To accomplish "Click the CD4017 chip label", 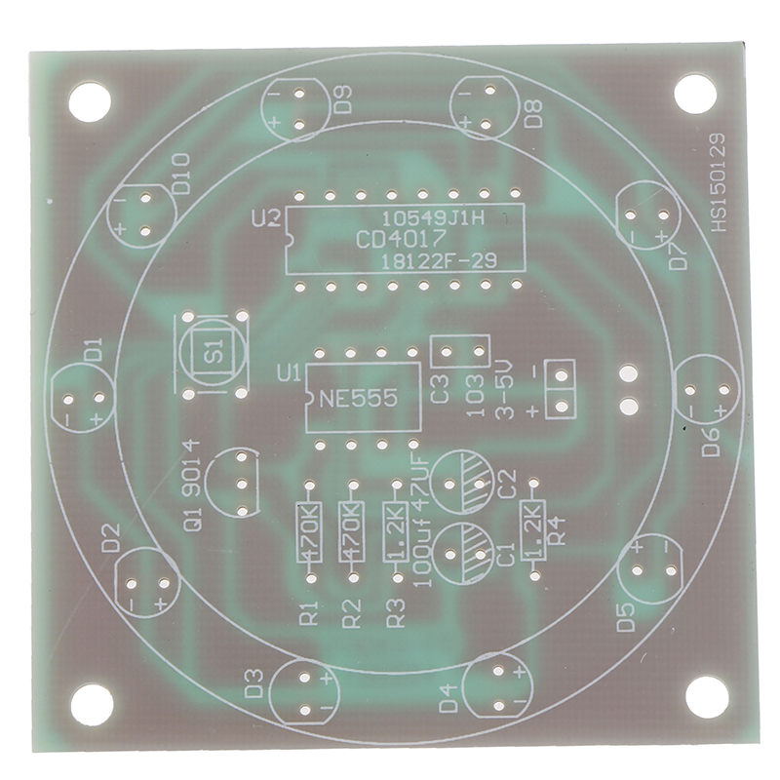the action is coord(401,240).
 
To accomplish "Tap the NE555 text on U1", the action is coord(358,398).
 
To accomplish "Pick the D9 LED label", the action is coord(343,99).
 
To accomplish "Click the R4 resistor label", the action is coord(559,531).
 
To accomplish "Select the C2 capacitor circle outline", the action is coord(432,482).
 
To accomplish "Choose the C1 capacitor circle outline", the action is coord(432,553).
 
